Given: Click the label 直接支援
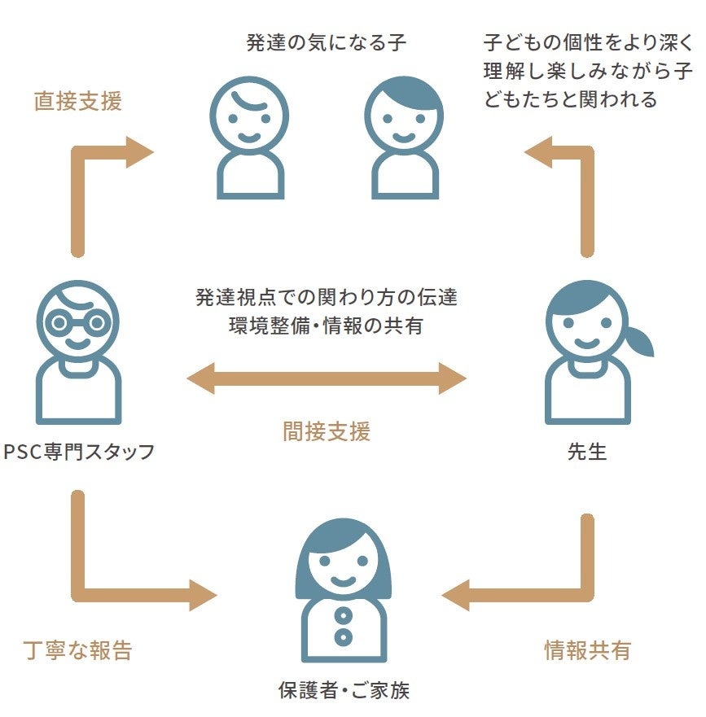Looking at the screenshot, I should (x=78, y=102).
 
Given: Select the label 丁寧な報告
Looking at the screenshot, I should (x=78, y=650).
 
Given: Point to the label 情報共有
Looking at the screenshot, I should (x=587, y=650).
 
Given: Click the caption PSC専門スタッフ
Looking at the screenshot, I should (x=79, y=452).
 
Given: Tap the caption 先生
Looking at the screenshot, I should (x=587, y=452).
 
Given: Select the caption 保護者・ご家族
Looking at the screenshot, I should (x=344, y=692).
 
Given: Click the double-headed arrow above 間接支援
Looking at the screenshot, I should (x=326, y=378).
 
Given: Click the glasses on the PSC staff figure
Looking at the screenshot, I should (x=78, y=323).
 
